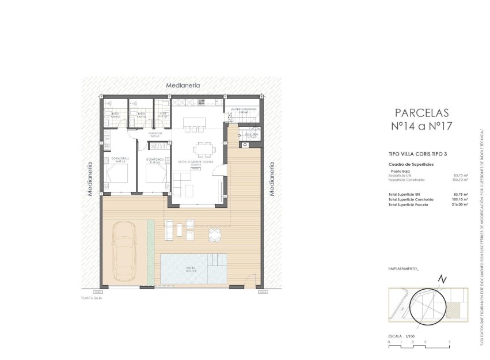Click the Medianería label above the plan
point(183,85)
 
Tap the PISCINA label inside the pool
point(191,269)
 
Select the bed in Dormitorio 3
point(155,173)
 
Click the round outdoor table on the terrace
point(214,234)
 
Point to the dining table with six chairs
point(202,149)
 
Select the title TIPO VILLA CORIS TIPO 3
point(417,154)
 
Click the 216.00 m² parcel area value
point(459,204)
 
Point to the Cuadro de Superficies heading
point(411,165)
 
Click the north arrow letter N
point(442,279)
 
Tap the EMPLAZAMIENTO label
point(404,269)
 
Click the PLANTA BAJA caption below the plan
point(92,298)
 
